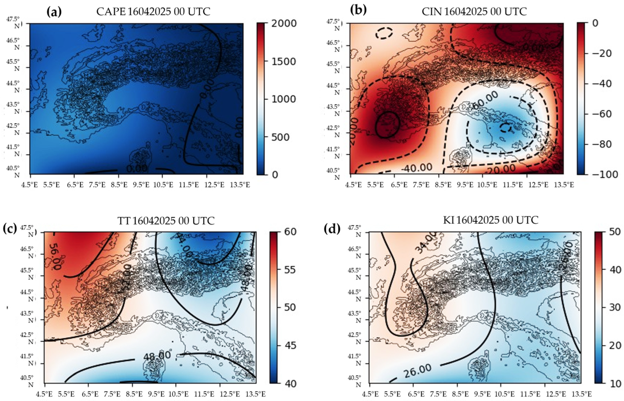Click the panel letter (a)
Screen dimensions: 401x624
coord(54,12)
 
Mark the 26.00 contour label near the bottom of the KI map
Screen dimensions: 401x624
coord(417,371)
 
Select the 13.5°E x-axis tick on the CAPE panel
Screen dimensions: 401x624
coord(240,185)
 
